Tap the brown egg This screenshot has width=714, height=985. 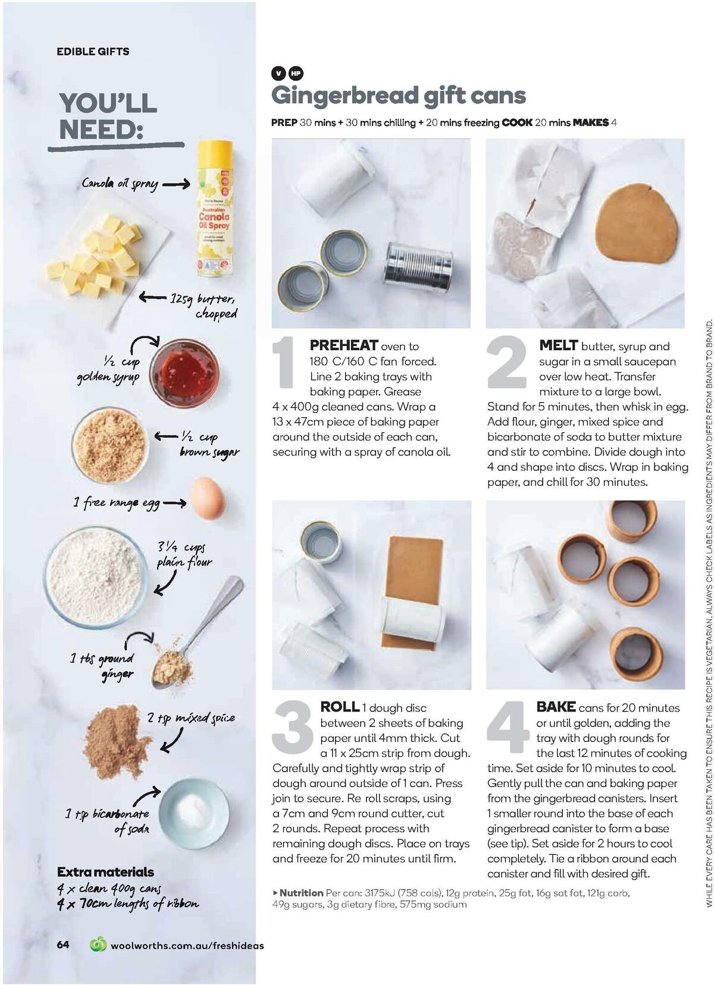click(208, 498)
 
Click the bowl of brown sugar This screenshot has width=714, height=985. click(109, 444)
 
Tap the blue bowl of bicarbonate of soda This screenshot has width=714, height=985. click(194, 813)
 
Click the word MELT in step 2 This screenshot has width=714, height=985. click(558, 345)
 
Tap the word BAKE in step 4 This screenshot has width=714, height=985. click(556, 707)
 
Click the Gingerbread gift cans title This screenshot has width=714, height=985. click(399, 96)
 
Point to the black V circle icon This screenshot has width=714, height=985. click(278, 74)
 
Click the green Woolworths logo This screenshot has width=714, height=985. click(98, 945)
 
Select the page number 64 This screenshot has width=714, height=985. click(63, 945)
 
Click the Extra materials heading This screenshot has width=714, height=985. click(105, 872)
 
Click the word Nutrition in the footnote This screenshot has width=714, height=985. click(301, 892)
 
